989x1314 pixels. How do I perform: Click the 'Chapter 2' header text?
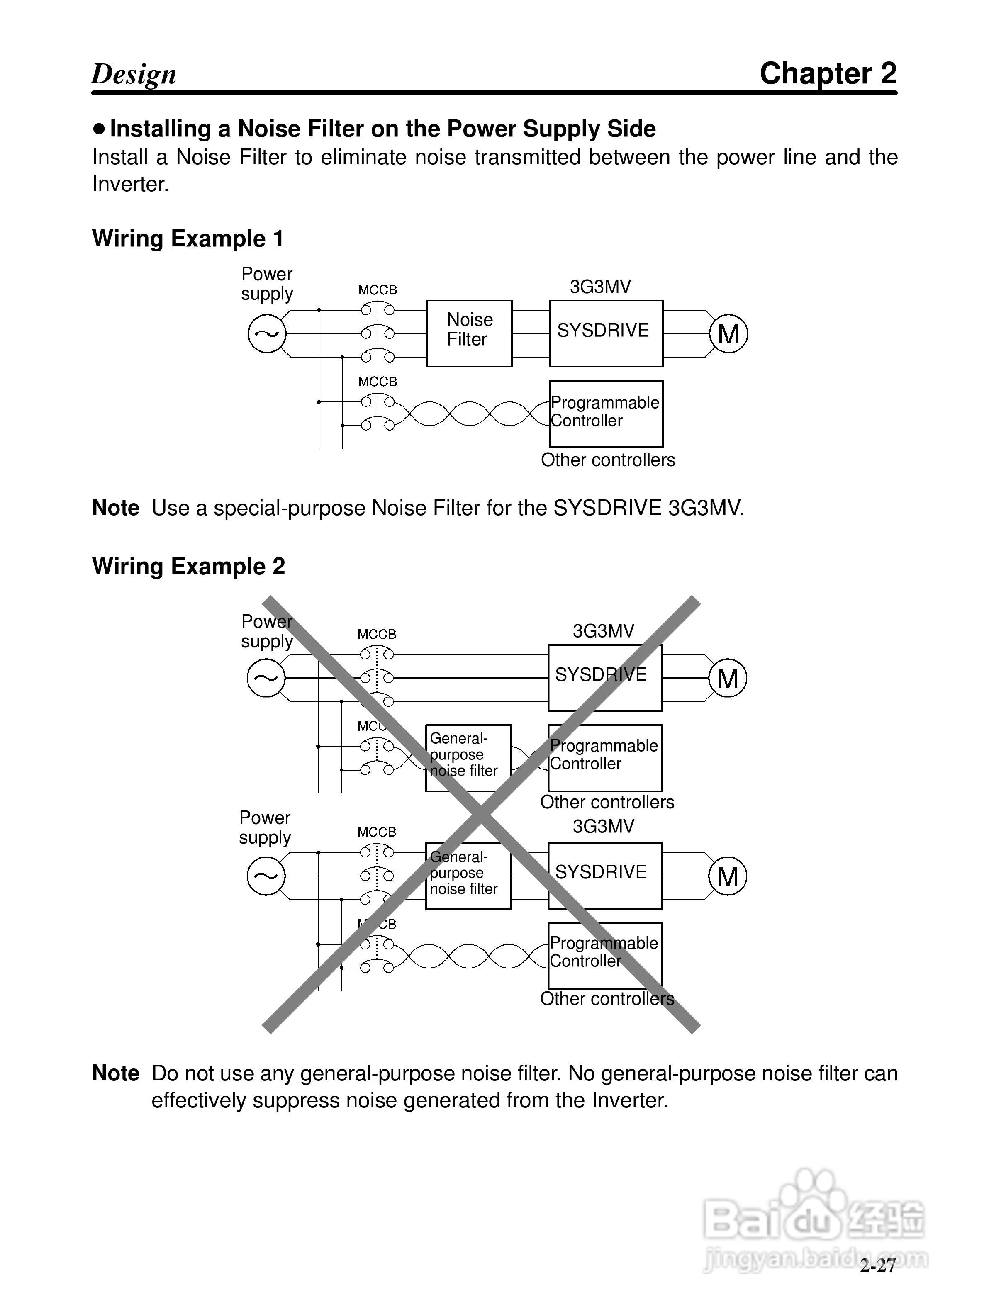pyautogui.click(x=828, y=74)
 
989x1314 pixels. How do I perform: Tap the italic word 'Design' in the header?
pyautogui.click(x=134, y=75)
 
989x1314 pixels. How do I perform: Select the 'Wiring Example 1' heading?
pyautogui.click(x=188, y=239)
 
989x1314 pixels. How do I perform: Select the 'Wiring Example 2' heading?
pyautogui.click(x=188, y=566)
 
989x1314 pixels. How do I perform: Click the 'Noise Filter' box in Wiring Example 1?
pyautogui.click(x=469, y=333)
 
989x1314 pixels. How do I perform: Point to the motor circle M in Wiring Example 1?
pyautogui.click(x=728, y=334)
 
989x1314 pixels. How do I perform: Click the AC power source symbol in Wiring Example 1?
pyautogui.click(x=267, y=334)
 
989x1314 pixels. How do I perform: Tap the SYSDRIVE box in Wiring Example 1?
pyautogui.click(x=605, y=333)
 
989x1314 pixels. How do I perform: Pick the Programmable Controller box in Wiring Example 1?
pyautogui.click(x=605, y=414)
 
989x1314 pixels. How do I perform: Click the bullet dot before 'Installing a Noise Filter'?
pyautogui.click(x=99, y=128)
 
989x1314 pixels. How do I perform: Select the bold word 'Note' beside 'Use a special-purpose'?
pyautogui.click(x=116, y=509)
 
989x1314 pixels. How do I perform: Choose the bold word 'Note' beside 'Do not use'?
pyautogui.click(x=116, y=1073)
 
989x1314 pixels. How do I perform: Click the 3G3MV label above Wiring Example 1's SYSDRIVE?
pyautogui.click(x=600, y=287)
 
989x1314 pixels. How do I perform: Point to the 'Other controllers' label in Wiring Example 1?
pyautogui.click(x=608, y=460)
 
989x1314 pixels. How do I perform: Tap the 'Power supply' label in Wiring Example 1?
pyautogui.click(x=267, y=284)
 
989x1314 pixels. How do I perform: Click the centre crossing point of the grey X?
pyautogui.click(x=482, y=815)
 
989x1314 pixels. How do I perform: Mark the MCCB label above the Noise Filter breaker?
pyautogui.click(x=377, y=290)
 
